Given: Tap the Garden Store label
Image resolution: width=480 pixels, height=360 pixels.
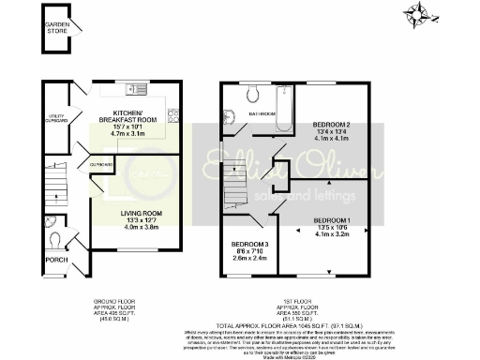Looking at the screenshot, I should click(58, 28).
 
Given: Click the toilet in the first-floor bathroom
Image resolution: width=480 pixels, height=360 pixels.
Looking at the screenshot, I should click(250, 95).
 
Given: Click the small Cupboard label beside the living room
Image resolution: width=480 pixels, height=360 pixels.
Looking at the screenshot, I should click(101, 166).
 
